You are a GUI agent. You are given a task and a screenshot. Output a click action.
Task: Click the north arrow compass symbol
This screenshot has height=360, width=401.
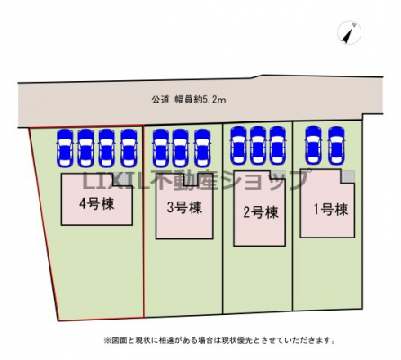(x=349, y=32)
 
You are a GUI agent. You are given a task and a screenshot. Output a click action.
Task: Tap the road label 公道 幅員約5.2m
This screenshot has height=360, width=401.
(x=189, y=100)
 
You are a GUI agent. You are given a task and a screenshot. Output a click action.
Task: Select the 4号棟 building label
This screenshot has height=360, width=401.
(x=97, y=204)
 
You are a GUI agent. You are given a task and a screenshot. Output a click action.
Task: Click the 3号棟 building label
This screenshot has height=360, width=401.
(x=184, y=208)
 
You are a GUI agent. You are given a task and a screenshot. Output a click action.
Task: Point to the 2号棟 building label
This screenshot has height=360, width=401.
(x=261, y=212)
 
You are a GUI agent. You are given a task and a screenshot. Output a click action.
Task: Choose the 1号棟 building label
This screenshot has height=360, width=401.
(x=331, y=210)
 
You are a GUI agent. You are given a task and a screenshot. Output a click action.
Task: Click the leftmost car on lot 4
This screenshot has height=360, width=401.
(x=66, y=148)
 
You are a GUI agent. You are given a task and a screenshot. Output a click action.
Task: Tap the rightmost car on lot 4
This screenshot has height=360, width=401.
(x=129, y=148)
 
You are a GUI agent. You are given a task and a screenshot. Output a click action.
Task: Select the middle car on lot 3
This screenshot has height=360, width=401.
(x=180, y=148)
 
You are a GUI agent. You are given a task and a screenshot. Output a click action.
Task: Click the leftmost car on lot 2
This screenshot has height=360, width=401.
(x=238, y=145)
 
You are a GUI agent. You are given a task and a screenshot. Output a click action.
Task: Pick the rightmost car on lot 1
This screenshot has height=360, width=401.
(x=336, y=145)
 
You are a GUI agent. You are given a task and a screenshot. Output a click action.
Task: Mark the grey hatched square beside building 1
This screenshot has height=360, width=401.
(x=348, y=176)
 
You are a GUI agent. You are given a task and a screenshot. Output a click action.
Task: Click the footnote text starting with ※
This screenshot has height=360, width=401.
(x=219, y=340)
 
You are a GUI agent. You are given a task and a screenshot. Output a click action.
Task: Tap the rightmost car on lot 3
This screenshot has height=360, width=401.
(x=202, y=148)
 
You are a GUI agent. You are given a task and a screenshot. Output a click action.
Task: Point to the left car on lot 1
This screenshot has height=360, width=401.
(x=313, y=145)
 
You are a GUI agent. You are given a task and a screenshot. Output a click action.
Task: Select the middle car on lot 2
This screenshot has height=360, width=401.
(x=258, y=145)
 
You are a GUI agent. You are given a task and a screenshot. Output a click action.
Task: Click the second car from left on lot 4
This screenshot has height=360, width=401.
(x=85, y=148)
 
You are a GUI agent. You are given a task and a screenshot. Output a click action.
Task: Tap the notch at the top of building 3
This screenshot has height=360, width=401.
(x=191, y=182)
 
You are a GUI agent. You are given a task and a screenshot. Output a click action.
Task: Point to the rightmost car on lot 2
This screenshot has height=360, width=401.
(x=278, y=145)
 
